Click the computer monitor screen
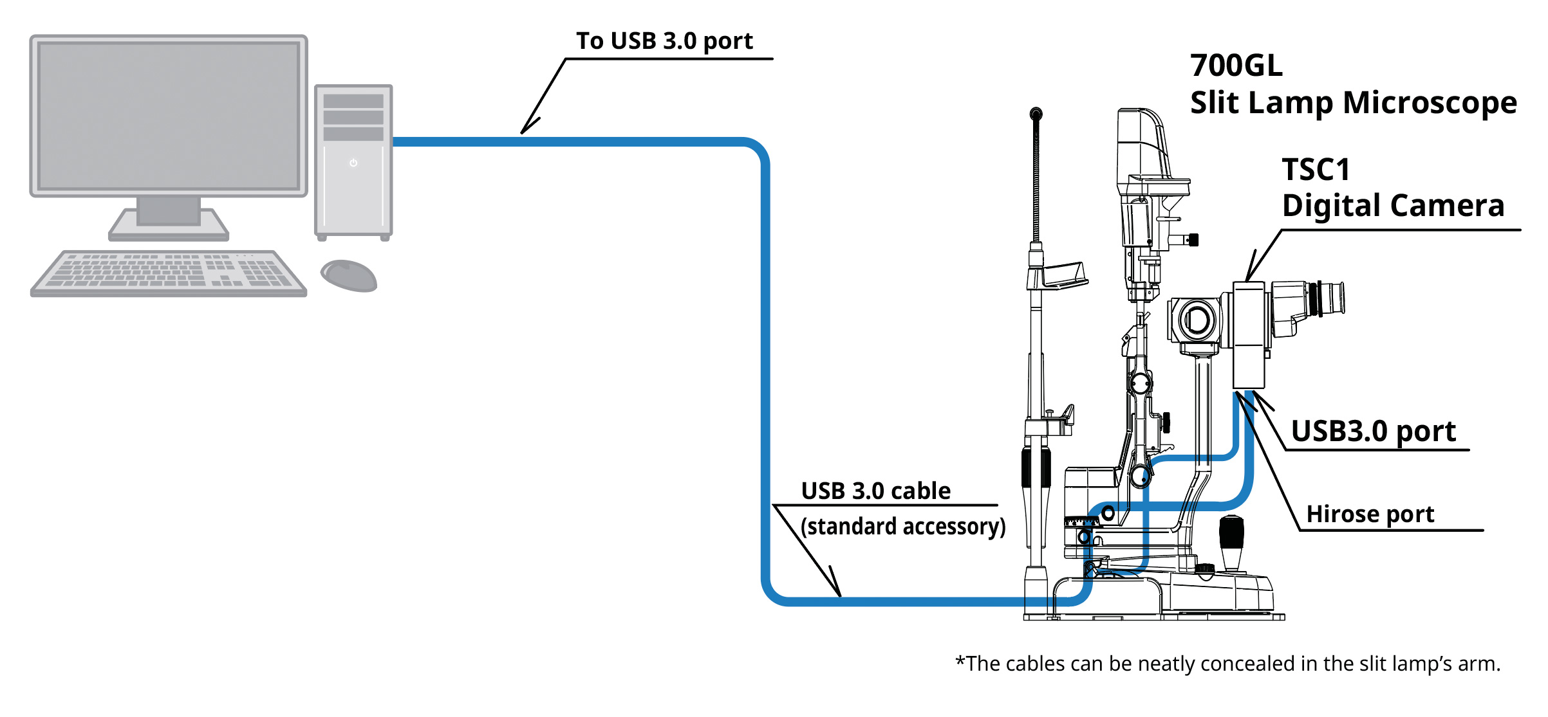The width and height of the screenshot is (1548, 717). (169, 116)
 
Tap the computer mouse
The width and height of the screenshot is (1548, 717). (349, 275)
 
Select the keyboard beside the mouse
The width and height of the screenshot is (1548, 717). (169, 273)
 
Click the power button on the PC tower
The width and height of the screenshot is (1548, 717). (353, 163)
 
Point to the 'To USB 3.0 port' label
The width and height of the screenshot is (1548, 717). (664, 41)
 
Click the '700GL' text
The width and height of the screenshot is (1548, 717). (1236, 66)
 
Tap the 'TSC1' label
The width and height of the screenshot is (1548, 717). (1316, 170)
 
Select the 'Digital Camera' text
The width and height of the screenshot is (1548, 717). (1393, 206)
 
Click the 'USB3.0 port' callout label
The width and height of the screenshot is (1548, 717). (1374, 431)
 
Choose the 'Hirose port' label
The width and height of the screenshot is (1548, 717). (1370, 514)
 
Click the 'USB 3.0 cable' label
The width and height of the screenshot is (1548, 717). (876, 491)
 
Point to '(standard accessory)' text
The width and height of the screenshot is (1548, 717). (903, 527)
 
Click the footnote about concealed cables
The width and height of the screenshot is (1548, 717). (1228, 664)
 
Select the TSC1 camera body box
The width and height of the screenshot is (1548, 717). (1249, 335)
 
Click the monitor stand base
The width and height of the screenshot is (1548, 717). (169, 225)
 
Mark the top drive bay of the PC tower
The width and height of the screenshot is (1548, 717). (353, 101)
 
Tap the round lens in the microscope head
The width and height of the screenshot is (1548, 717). (1197, 320)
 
